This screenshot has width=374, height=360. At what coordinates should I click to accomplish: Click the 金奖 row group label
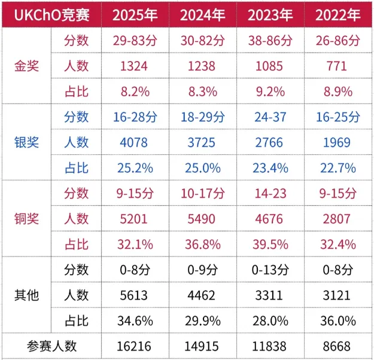pos(27,66)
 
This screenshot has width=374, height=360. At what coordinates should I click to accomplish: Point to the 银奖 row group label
pos(27,142)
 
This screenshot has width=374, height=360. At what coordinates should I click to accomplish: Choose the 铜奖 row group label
pos(27,218)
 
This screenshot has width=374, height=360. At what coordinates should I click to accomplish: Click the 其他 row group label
pos(27,295)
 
